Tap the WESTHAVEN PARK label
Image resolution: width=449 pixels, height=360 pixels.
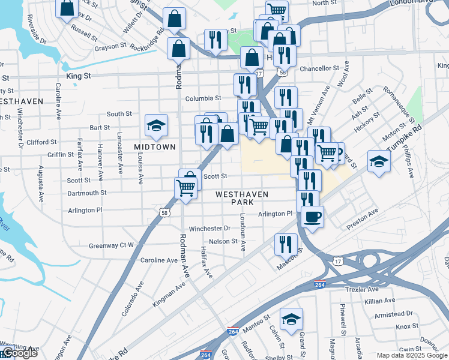click(x=239, y=198)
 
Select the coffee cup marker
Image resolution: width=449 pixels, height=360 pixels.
click(x=312, y=217)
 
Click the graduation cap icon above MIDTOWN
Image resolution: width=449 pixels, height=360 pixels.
click(x=156, y=125)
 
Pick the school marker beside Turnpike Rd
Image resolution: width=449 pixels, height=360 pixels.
click(x=379, y=162)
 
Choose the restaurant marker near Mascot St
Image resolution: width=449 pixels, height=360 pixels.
click(x=286, y=244)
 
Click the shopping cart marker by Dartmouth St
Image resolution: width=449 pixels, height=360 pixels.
click(x=186, y=188)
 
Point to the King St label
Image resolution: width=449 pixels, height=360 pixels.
click(x=79, y=76)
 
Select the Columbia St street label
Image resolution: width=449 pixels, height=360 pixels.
click(x=203, y=98)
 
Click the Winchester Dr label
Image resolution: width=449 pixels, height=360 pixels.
click(x=209, y=229)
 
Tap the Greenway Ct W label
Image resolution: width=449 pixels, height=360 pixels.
click(x=112, y=245)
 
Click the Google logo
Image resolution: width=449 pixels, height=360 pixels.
click(x=19, y=353)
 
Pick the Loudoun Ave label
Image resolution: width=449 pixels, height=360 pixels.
click(x=244, y=233)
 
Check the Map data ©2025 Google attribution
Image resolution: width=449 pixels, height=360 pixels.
click(x=411, y=355)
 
